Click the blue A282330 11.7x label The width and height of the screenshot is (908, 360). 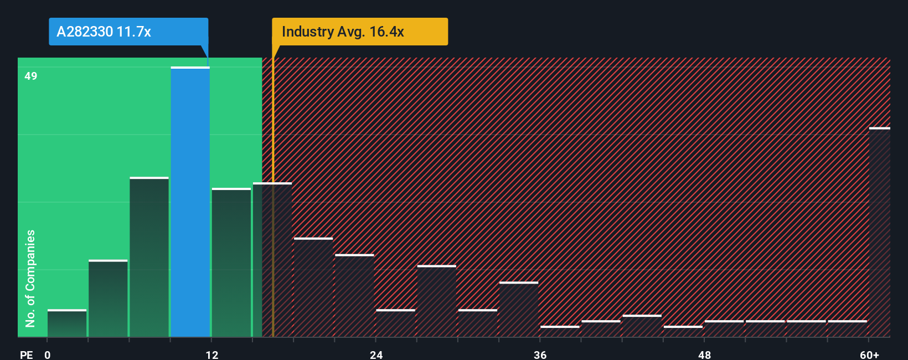[x=128, y=32]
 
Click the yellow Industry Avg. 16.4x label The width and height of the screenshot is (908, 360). [x=360, y=32]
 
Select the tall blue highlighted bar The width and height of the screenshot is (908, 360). [x=190, y=202]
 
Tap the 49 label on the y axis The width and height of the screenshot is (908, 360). [x=31, y=76]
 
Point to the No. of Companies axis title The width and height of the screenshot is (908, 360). [x=30, y=278]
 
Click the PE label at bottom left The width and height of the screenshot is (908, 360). [x=26, y=354]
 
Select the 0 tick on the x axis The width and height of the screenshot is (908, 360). [x=48, y=354]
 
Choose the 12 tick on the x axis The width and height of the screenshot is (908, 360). [x=212, y=354]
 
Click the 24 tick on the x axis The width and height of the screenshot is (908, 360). [x=376, y=354]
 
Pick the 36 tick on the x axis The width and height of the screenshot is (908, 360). [x=540, y=354]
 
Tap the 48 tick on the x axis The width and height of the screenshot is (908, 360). [x=704, y=354]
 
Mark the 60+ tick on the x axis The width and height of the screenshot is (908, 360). [x=870, y=354]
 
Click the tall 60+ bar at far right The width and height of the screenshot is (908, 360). [x=879, y=233]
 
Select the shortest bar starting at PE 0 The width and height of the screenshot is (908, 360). [x=67, y=323]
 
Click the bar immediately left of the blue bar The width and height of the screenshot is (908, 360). [x=149, y=258]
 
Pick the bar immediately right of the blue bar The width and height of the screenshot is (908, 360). [x=231, y=263]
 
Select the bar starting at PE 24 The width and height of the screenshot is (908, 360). [x=395, y=323]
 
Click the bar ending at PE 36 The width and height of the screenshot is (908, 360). [x=519, y=310]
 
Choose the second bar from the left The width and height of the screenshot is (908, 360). [x=108, y=299]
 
